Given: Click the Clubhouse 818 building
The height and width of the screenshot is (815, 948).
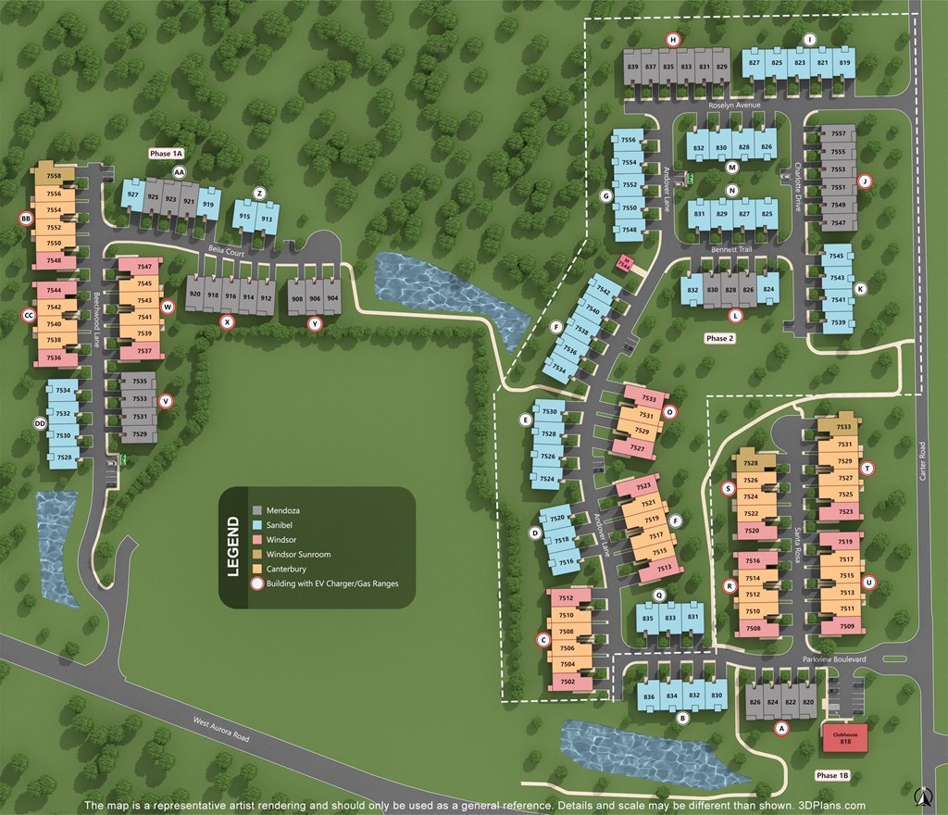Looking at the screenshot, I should point(844,737).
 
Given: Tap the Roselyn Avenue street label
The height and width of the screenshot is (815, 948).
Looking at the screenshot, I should point(734,106).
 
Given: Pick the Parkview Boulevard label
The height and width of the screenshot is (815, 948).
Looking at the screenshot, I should point(833,658).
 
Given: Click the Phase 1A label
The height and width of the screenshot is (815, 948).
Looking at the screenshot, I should point(167,153).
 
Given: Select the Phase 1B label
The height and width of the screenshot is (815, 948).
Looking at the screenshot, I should point(832,775).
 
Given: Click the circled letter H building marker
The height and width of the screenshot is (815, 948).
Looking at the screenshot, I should point(673,39).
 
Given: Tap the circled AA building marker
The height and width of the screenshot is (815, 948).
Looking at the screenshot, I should point(179,172).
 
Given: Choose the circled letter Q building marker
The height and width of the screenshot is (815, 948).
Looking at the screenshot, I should point(659,595).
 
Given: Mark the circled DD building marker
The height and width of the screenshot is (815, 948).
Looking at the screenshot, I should point(40,423).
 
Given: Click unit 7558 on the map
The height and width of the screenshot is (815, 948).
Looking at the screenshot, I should point(54,176).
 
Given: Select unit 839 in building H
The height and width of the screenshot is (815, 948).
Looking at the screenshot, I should point(633,67).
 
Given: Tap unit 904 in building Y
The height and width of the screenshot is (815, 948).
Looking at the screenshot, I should point(332,298).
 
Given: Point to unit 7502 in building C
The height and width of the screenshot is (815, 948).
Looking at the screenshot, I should point(568,682).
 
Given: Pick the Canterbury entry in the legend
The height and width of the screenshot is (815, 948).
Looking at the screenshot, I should point(285,569).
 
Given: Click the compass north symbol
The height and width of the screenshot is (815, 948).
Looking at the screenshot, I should point(922,796).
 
